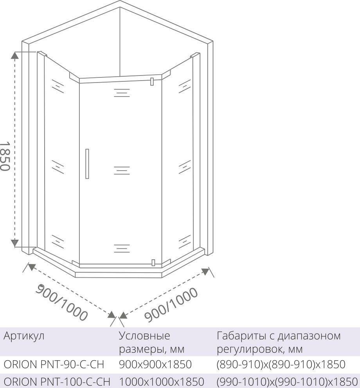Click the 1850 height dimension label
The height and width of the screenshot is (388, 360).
tap(5, 155)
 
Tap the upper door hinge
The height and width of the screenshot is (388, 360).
tap(151, 81)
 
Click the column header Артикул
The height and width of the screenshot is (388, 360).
tap(24, 336)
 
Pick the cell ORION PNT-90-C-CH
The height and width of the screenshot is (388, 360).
tap(54, 365)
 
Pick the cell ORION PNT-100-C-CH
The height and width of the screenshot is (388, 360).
tap(57, 381)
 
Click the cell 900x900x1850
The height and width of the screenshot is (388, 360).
tap(155, 365)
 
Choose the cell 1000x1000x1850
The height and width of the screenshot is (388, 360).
tap(161, 381)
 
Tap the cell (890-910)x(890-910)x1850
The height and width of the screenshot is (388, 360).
tap(281, 365)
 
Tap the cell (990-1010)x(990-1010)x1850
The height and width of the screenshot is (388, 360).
tap(287, 381)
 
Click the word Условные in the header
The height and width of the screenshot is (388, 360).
tap(144, 336)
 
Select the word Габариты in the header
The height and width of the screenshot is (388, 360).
tap(242, 336)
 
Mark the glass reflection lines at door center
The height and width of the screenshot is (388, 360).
tap(122, 170)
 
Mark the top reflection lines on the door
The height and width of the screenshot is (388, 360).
tap(122, 92)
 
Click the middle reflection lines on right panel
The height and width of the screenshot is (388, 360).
tap(183, 166)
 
